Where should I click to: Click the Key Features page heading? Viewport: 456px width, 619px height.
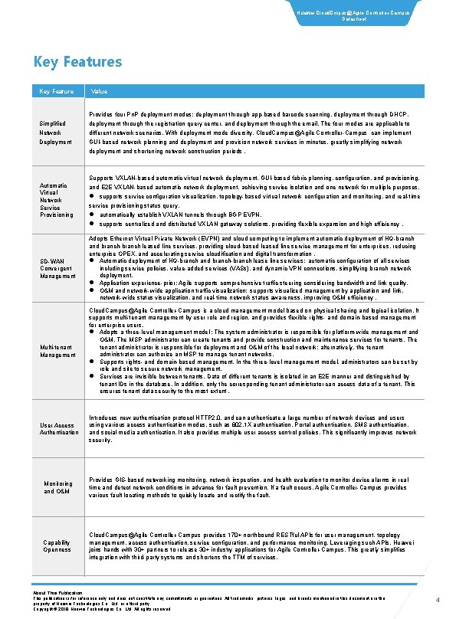click(x=77, y=62)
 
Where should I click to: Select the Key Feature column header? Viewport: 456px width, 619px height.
click(x=57, y=91)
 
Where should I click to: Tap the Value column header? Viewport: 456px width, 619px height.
click(x=99, y=91)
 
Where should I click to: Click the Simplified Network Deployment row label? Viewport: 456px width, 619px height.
click(x=56, y=131)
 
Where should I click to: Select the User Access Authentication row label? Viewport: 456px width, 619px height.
click(x=58, y=429)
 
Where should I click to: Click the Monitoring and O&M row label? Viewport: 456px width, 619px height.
click(x=58, y=488)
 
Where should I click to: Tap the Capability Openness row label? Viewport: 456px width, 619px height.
click(x=57, y=545)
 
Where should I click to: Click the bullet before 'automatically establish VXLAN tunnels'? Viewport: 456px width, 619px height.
click(x=92, y=215)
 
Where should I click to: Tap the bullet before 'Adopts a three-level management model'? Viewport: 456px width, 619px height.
click(x=92, y=332)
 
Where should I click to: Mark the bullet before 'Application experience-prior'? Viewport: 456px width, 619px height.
click(x=92, y=283)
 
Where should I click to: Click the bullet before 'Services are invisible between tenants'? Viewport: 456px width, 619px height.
click(x=92, y=376)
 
